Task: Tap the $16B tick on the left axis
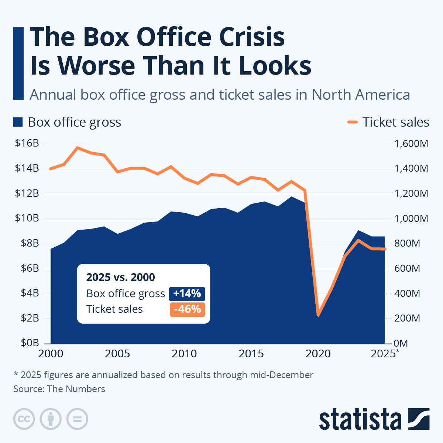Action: coord(27,143)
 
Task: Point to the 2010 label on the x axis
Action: coord(184,354)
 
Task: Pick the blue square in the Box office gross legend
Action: coord(18,122)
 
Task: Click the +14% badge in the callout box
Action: coord(187,293)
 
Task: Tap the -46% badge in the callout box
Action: coord(187,309)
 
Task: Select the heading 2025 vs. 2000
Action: coord(120,277)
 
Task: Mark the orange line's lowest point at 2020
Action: coord(318,315)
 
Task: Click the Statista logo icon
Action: coord(419,419)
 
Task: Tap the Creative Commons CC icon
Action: coord(24,419)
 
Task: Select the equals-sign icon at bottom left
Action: coord(77,419)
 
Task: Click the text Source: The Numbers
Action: coord(59,389)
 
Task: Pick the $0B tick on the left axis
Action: coord(27,343)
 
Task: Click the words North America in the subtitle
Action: coord(361,95)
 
